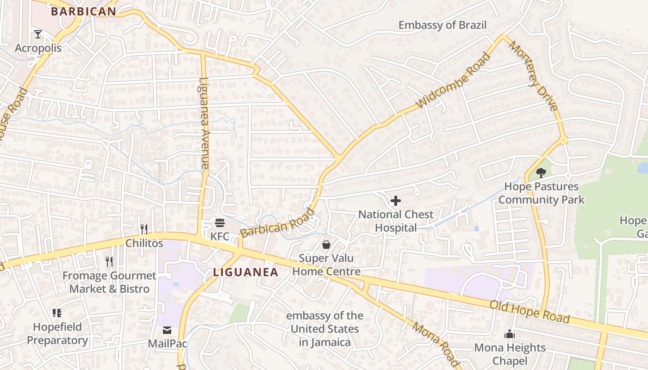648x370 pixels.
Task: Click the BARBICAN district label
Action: (x=83, y=11)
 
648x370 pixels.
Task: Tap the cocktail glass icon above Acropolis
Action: (x=37, y=34)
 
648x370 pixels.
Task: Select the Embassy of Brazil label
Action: (x=442, y=25)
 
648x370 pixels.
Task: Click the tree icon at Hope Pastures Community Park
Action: (x=540, y=173)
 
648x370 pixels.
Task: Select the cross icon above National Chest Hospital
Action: (x=396, y=201)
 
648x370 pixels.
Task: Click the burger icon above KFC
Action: (x=220, y=223)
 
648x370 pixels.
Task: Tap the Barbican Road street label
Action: (x=277, y=223)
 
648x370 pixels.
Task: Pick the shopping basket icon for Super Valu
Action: (x=326, y=245)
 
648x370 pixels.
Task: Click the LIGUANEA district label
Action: (x=246, y=272)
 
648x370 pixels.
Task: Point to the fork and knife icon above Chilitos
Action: (x=144, y=229)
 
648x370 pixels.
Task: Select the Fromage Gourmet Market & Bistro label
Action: (x=110, y=282)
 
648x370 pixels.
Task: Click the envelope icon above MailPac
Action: (x=167, y=330)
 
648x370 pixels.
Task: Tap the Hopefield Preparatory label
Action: (x=57, y=333)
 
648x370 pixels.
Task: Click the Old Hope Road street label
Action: (x=530, y=312)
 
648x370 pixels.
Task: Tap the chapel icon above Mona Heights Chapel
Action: (x=510, y=334)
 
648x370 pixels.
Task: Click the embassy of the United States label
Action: (x=324, y=329)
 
